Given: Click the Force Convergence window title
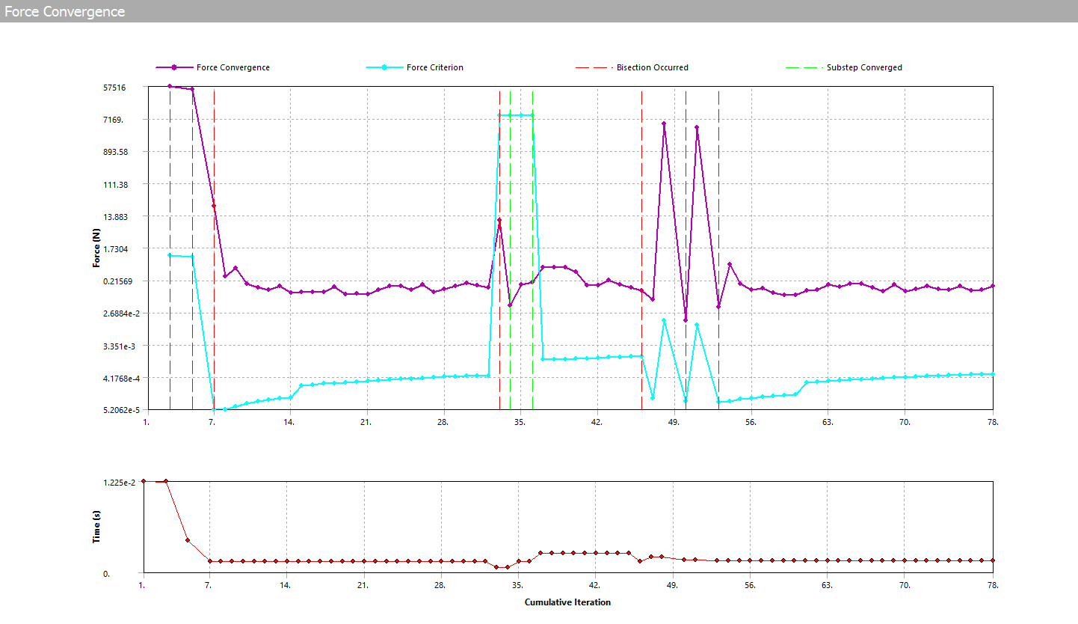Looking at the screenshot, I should (x=64, y=12).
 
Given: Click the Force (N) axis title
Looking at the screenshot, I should (x=96, y=248).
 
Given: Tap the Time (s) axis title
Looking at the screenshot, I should (x=96, y=527).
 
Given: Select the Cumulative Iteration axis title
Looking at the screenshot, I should (x=567, y=602).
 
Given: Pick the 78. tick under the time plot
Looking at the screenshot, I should (x=993, y=585).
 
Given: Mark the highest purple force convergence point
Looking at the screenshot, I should (x=170, y=86).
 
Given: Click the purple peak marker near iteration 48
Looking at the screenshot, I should (x=664, y=123).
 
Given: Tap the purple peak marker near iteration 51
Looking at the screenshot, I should (x=697, y=127).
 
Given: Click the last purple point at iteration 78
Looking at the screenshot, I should (x=993, y=286).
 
